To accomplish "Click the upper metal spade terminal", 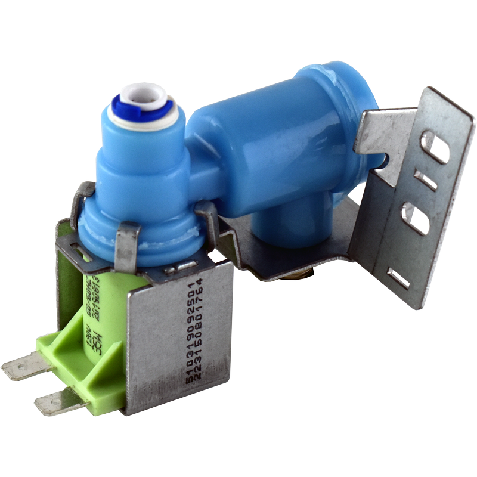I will pyautogui.click(x=24, y=366).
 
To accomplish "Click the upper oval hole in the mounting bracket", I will pyautogui.click(x=433, y=147).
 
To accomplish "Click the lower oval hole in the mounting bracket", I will pyautogui.click(x=416, y=218).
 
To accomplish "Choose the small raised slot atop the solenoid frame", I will pyautogui.click(x=179, y=268).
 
